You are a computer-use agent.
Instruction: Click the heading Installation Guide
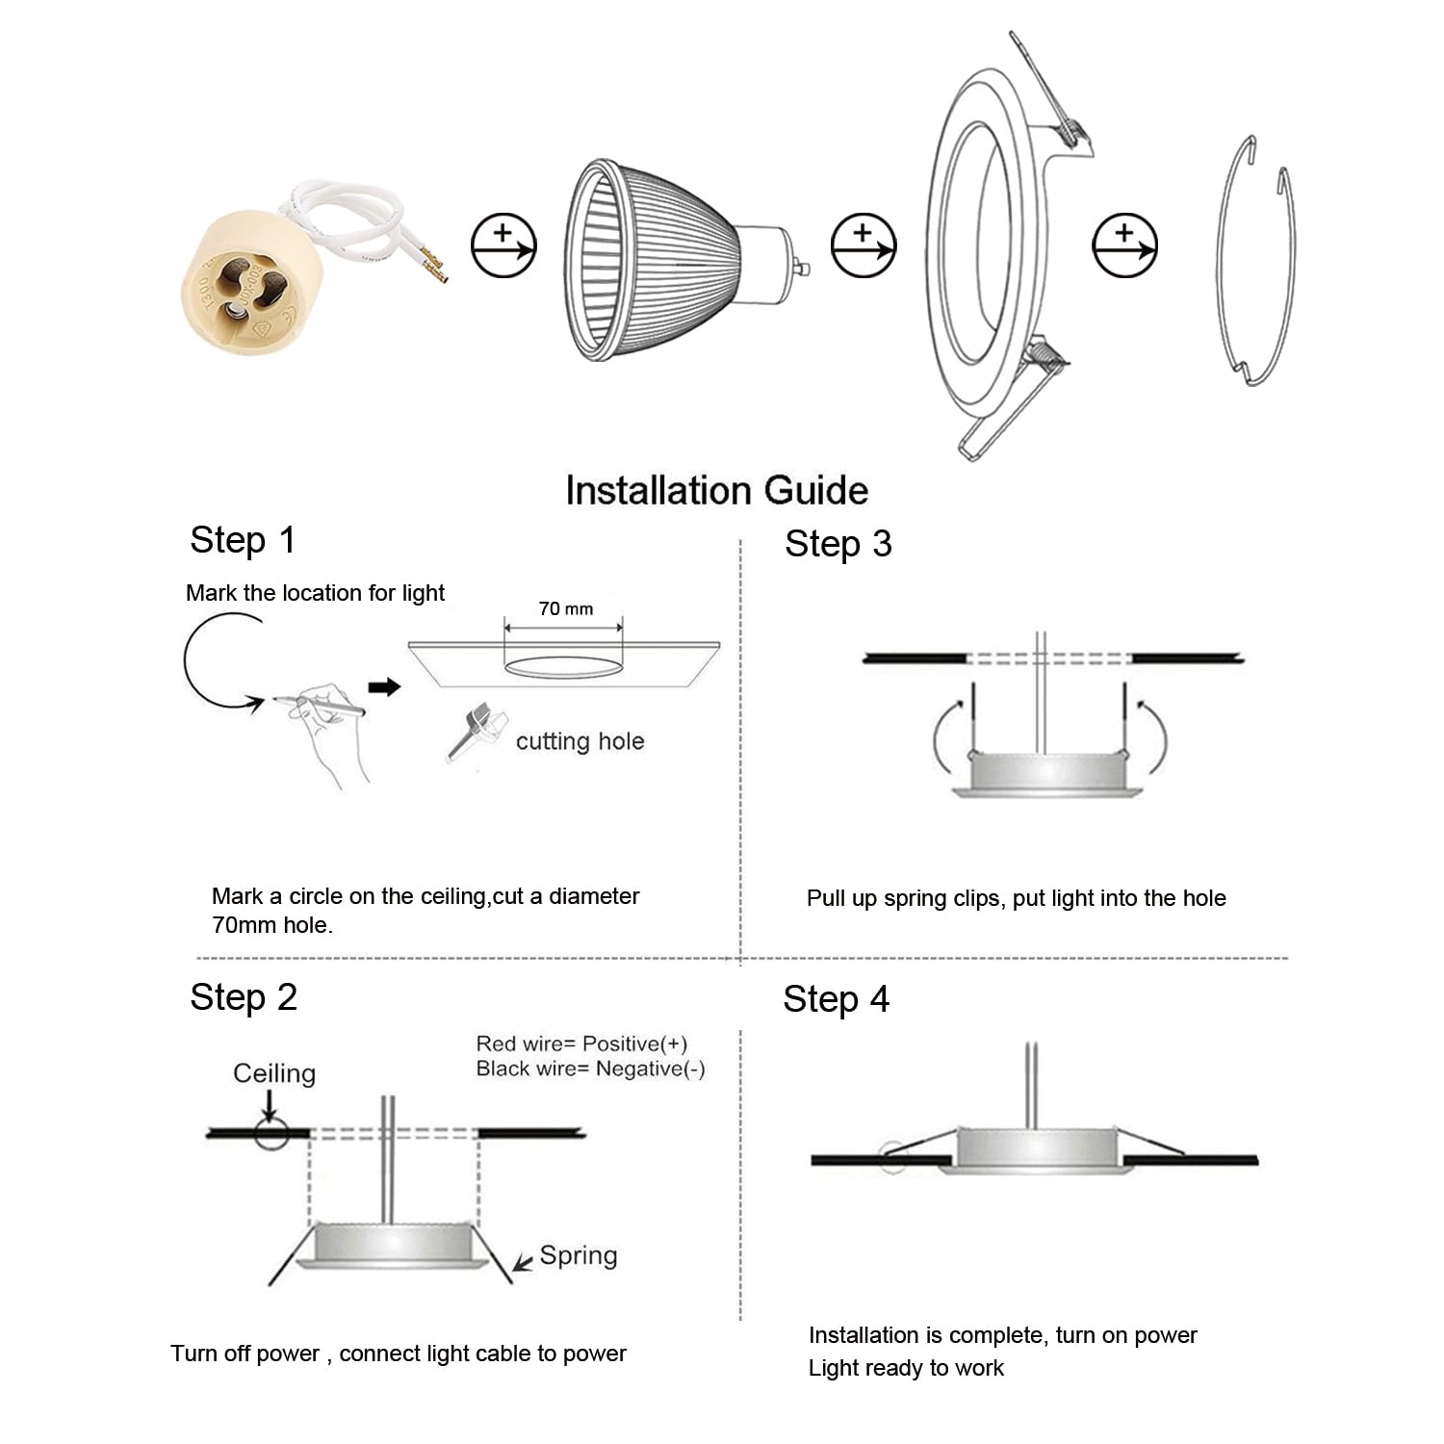click(716, 490)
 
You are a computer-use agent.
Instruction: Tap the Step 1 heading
click(243, 540)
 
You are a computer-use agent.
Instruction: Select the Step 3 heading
click(838, 544)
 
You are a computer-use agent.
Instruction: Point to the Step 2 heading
click(244, 997)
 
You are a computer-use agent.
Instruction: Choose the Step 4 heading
click(836, 999)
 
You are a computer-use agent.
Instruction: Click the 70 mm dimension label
click(566, 608)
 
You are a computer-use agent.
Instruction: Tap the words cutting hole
click(580, 741)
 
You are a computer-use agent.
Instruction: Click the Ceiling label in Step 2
click(274, 1073)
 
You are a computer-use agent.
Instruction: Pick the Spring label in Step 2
click(578, 1255)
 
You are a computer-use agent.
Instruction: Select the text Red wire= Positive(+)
click(581, 1044)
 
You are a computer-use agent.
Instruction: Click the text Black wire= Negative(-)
click(590, 1069)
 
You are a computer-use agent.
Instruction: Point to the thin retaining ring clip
click(1255, 260)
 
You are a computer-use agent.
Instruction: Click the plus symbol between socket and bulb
click(503, 245)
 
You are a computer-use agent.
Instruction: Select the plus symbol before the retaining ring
click(1124, 245)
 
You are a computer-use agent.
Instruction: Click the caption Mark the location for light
click(315, 593)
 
